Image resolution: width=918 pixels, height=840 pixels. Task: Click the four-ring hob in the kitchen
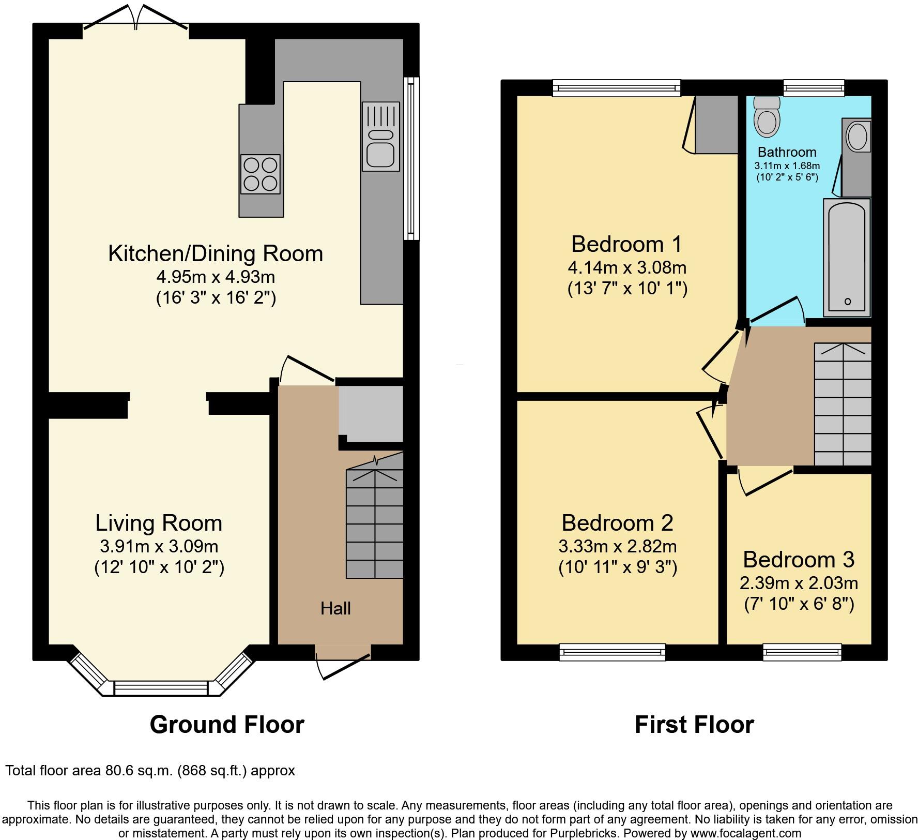(261, 174)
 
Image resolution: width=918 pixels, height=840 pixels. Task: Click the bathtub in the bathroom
(847, 257)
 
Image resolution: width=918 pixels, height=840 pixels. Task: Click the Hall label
(335, 608)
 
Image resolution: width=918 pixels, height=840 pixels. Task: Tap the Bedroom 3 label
(799, 559)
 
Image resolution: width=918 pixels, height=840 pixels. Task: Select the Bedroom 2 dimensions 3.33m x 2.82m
(617, 546)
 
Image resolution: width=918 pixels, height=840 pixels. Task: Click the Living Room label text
(159, 523)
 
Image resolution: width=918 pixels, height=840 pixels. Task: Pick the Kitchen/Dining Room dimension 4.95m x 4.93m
(216, 277)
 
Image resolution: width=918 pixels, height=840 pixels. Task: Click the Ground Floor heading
(227, 725)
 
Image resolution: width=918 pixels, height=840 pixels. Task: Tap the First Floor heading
(694, 725)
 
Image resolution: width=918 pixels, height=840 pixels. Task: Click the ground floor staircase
(374, 522)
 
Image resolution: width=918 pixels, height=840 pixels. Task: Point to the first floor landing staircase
(843, 404)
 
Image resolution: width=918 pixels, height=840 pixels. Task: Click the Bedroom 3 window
(802, 652)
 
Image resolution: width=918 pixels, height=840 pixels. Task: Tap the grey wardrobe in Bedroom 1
(716, 125)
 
